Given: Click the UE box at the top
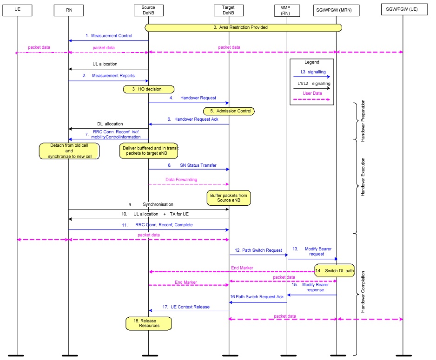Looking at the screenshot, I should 17,10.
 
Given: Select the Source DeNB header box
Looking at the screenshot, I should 148,10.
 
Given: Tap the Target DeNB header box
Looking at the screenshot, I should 229,10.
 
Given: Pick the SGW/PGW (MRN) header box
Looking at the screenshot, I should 336,10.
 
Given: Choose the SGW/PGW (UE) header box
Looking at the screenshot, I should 403,10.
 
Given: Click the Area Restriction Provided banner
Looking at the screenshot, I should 244,27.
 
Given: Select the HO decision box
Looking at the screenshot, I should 149,89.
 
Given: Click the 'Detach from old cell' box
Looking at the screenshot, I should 69,151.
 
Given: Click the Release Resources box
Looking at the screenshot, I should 149,323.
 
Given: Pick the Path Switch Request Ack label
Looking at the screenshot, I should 257,297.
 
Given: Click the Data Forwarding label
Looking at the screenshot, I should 181,179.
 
